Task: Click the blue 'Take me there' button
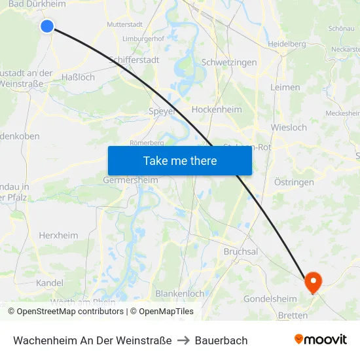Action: tap(180, 161)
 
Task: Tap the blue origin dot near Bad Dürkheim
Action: tap(47, 26)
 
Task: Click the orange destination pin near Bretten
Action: tap(314, 282)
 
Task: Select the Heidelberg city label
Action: tap(287, 44)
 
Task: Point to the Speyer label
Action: tap(162, 111)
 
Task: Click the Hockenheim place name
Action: tap(217, 109)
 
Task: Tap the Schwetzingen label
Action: tap(228, 62)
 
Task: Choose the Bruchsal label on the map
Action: tap(241, 251)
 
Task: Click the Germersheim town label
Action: tap(130, 180)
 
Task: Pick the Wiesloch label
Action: tap(289, 127)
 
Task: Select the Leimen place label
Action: tap(285, 87)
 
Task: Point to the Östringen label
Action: tap(294, 182)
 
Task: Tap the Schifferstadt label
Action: tap(134, 60)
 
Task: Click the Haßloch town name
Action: tap(78, 77)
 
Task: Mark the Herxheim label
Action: tap(58, 236)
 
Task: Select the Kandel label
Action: tap(50, 283)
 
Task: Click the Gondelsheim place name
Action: tap(270, 299)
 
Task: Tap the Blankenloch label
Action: tap(180, 294)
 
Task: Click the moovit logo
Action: tap(321, 340)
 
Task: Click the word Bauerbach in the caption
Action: tap(221, 340)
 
